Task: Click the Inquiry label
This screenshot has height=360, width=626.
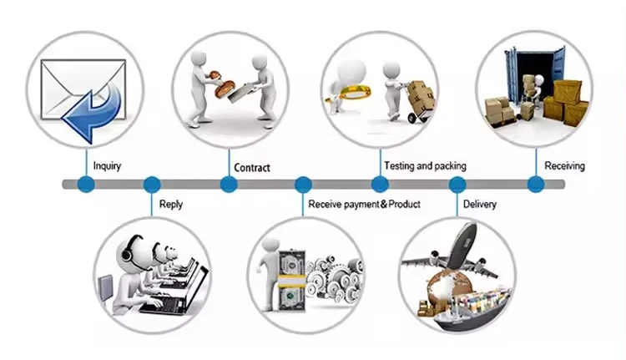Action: (x=107, y=166)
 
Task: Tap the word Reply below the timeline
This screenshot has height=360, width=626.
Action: (x=170, y=204)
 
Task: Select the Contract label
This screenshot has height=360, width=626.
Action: (x=252, y=168)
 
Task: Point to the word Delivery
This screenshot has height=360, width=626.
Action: (x=479, y=204)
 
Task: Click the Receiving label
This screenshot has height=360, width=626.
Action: (x=564, y=166)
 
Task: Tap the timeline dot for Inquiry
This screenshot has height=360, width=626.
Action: (x=85, y=185)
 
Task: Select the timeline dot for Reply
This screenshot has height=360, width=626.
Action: (x=152, y=185)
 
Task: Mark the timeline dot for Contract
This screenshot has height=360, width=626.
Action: (x=227, y=185)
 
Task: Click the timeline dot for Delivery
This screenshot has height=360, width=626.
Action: (x=457, y=185)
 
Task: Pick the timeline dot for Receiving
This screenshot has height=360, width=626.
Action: (x=536, y=185)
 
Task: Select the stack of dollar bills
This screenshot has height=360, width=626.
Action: (x=291, y=276)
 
